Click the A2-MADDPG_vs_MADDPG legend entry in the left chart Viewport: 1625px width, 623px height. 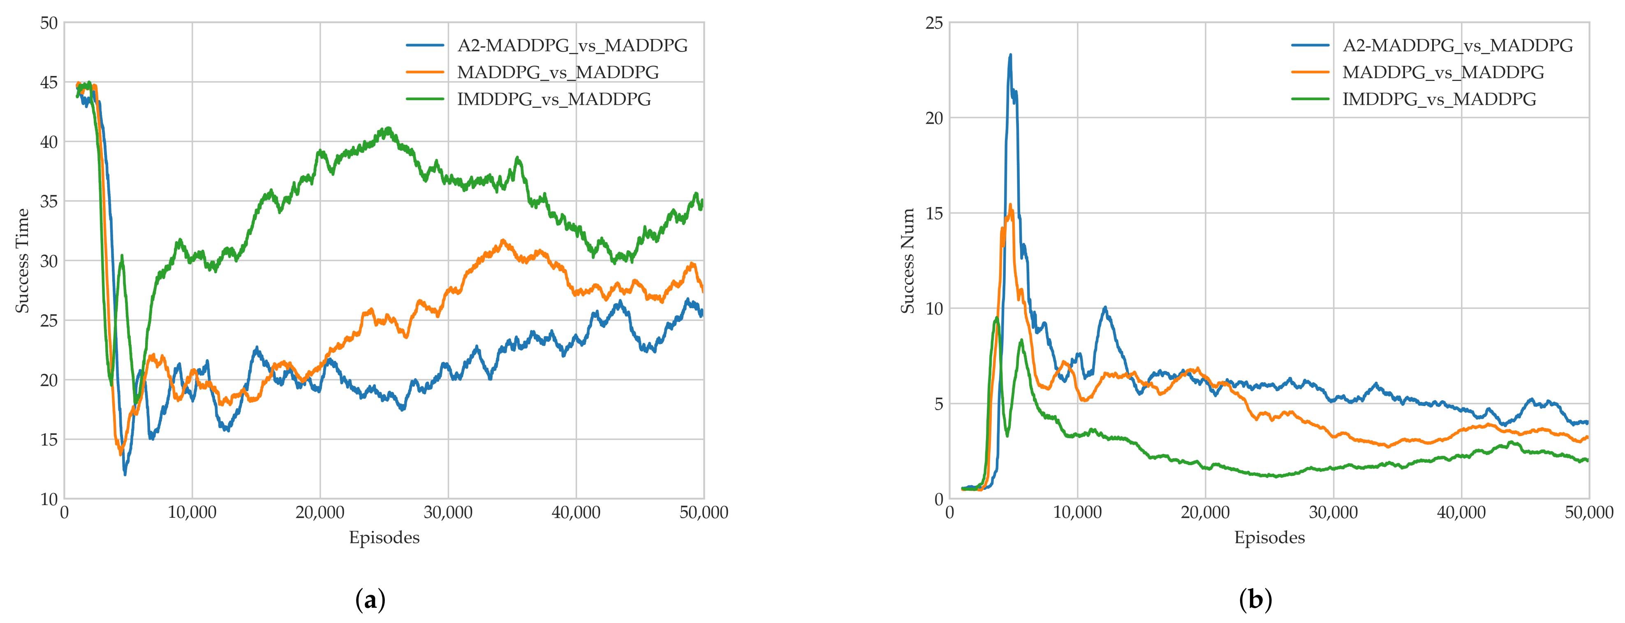coord(572,45)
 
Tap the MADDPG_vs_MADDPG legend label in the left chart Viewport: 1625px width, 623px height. coord(558,72)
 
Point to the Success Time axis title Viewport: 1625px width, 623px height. coord(23,261)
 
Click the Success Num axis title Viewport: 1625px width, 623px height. coord(908,261)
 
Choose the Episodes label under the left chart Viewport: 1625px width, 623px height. coord(384,537)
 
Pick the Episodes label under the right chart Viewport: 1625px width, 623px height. coord(1269,537)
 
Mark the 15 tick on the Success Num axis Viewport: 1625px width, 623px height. coord(934,213)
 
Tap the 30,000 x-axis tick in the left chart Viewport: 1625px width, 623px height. coord(448,512)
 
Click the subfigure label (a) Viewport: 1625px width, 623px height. coord(370,600)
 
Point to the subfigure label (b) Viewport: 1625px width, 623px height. coord(1255,600)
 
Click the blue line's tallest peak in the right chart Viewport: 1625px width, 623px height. coord(1010,55)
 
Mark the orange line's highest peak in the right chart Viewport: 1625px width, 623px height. coord(1010,205)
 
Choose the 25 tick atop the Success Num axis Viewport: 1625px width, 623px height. coord(934,23)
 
